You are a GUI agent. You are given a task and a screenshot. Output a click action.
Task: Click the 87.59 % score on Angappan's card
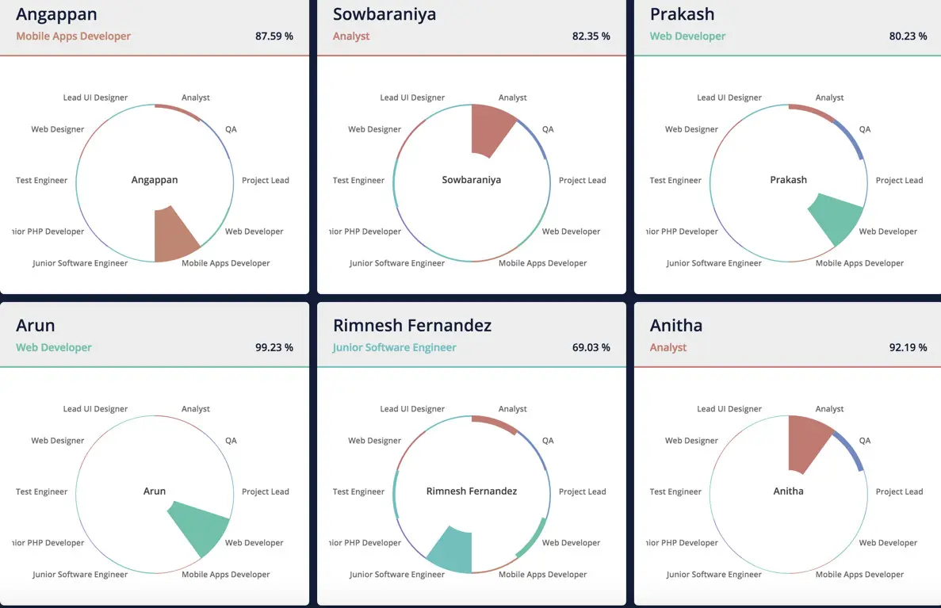[x=274, y=36]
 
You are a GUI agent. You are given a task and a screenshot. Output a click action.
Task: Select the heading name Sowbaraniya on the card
[x=384, y=14]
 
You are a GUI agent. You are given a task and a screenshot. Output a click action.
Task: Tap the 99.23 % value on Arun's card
[x=274, y=348]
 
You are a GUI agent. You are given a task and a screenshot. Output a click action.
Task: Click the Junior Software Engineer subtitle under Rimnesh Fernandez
[x=395, y=348]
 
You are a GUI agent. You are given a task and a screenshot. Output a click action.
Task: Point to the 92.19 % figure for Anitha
[x=908, y=348]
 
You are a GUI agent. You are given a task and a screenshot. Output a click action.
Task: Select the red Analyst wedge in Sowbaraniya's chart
[x=490, y=130]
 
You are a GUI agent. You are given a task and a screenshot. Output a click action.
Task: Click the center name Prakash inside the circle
[x=788, y=180]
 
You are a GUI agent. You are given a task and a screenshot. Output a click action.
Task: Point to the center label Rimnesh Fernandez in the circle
[x=472, y=491]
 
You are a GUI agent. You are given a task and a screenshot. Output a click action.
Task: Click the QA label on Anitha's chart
[x=865, y=441]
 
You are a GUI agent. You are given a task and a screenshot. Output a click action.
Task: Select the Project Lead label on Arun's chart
[x=266, y=492]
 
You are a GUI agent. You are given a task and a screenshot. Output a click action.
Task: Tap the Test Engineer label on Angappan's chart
[x=42, y=181]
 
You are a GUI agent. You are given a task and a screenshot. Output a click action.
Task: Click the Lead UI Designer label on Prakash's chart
[x=729, y=98]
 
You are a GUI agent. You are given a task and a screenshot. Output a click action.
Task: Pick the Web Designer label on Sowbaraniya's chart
[x=375, y=130]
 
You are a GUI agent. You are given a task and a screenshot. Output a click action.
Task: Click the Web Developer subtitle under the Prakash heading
[x=687, y=36]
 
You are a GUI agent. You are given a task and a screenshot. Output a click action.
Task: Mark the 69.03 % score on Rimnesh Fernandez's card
[x=591, y=348]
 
